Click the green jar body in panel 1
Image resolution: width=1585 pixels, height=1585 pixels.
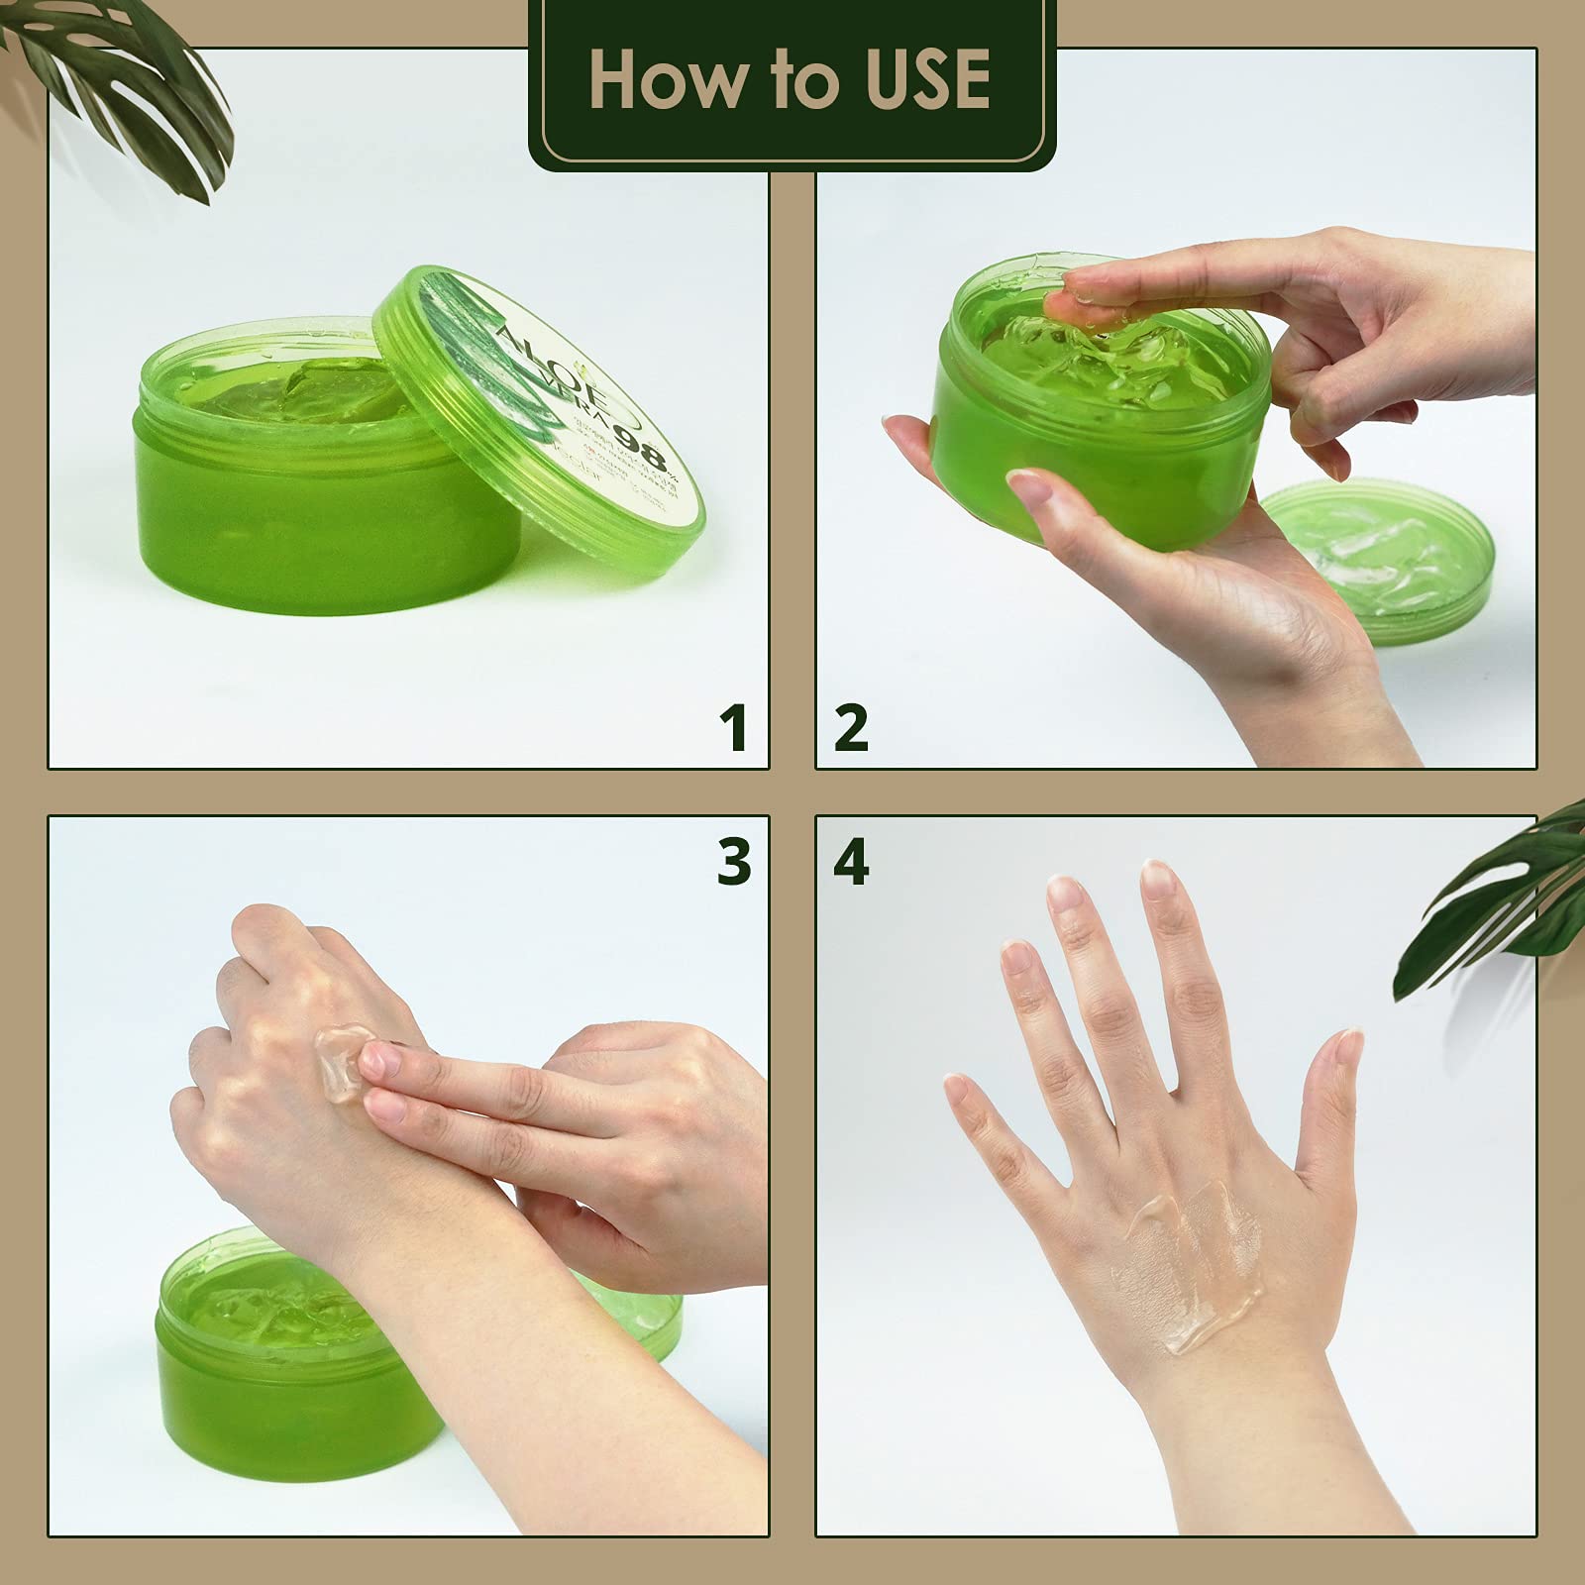tap(307, 515)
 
